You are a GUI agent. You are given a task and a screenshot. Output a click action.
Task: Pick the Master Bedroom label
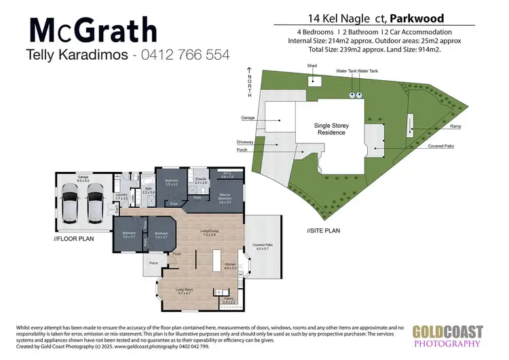225,200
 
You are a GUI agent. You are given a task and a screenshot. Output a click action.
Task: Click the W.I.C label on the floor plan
227,175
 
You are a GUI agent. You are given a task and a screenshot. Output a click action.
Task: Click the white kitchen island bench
218,260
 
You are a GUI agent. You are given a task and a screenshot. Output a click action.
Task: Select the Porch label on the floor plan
153,262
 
